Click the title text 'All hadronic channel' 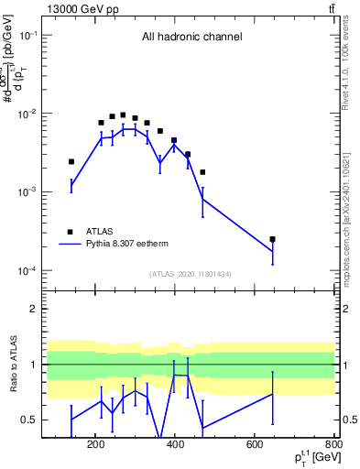tap(191, 38)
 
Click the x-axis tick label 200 tap(95, 446)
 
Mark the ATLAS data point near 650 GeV tap(272, 239)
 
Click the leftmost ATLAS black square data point tap(71, 161)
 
